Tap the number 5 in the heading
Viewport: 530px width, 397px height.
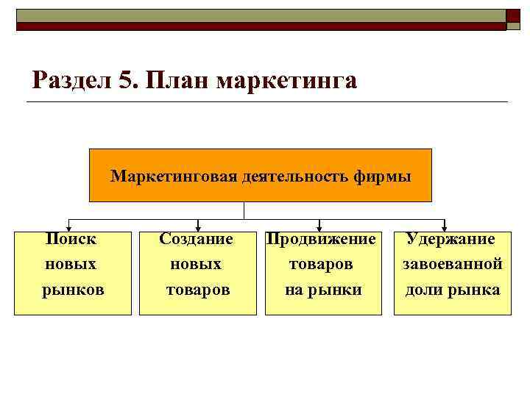126,79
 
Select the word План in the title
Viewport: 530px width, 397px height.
176,79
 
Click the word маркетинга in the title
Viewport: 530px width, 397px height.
286,79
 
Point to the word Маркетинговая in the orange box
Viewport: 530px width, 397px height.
174,176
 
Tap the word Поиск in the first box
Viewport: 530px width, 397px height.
71,239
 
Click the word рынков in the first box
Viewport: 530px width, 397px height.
73,290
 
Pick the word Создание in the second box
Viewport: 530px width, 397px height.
197,239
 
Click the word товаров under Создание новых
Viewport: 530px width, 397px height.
197,290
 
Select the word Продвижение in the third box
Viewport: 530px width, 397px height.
322,239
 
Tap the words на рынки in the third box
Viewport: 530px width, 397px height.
323,290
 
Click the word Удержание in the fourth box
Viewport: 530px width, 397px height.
451,239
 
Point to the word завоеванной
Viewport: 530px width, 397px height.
452,264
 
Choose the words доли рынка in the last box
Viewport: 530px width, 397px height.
452,290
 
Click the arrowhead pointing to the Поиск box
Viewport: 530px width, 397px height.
70,226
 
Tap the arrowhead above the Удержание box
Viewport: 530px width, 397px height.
445,226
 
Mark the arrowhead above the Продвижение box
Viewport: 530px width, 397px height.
319,226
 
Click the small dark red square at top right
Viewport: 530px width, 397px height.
513,18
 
